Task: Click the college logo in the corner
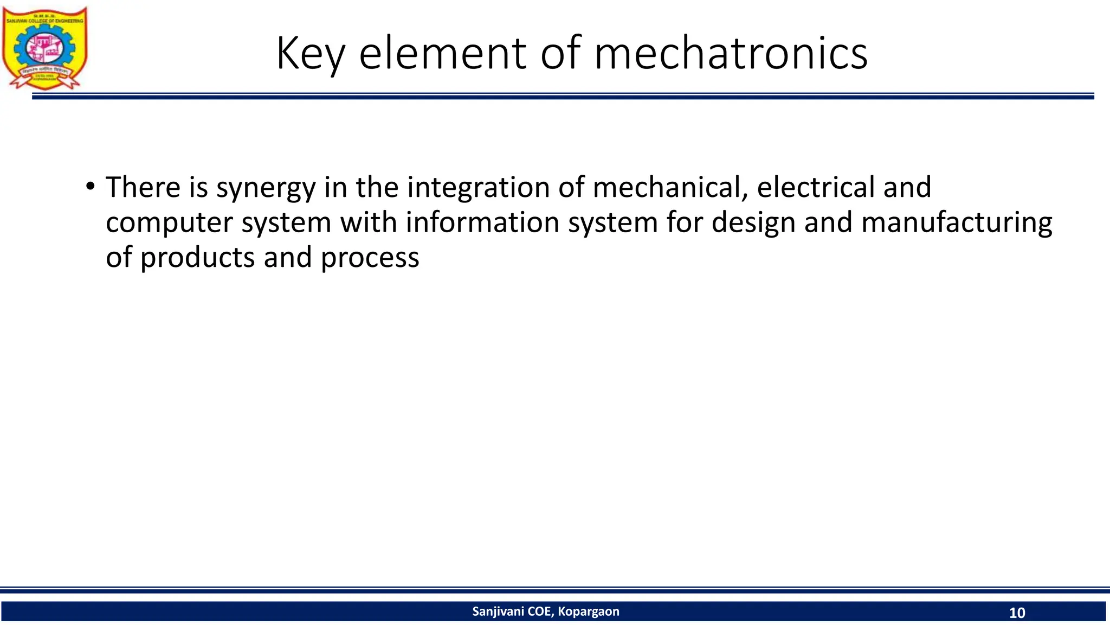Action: tap(45, 48)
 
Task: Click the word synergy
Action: tap(266, 188)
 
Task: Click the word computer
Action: tap(169, 223)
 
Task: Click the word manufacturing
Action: tap(956, 222)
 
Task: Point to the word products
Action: tap(197, 258)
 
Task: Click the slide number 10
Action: tap(1017, 613)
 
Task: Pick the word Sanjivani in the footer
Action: tap(498, 611)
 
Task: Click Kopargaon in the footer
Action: tap(589, 611)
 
